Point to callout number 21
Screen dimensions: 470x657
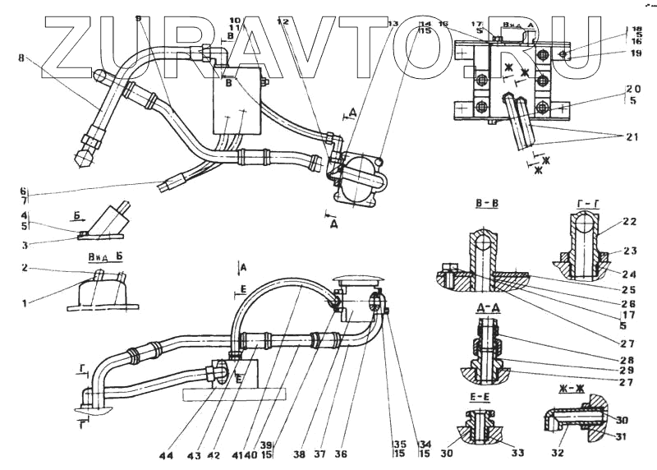[x=632, y=137]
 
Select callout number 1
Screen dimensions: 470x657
[x=25, y=303]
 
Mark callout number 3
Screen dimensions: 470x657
[x=25, y=244]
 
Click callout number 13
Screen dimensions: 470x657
[x=394, y=24]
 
